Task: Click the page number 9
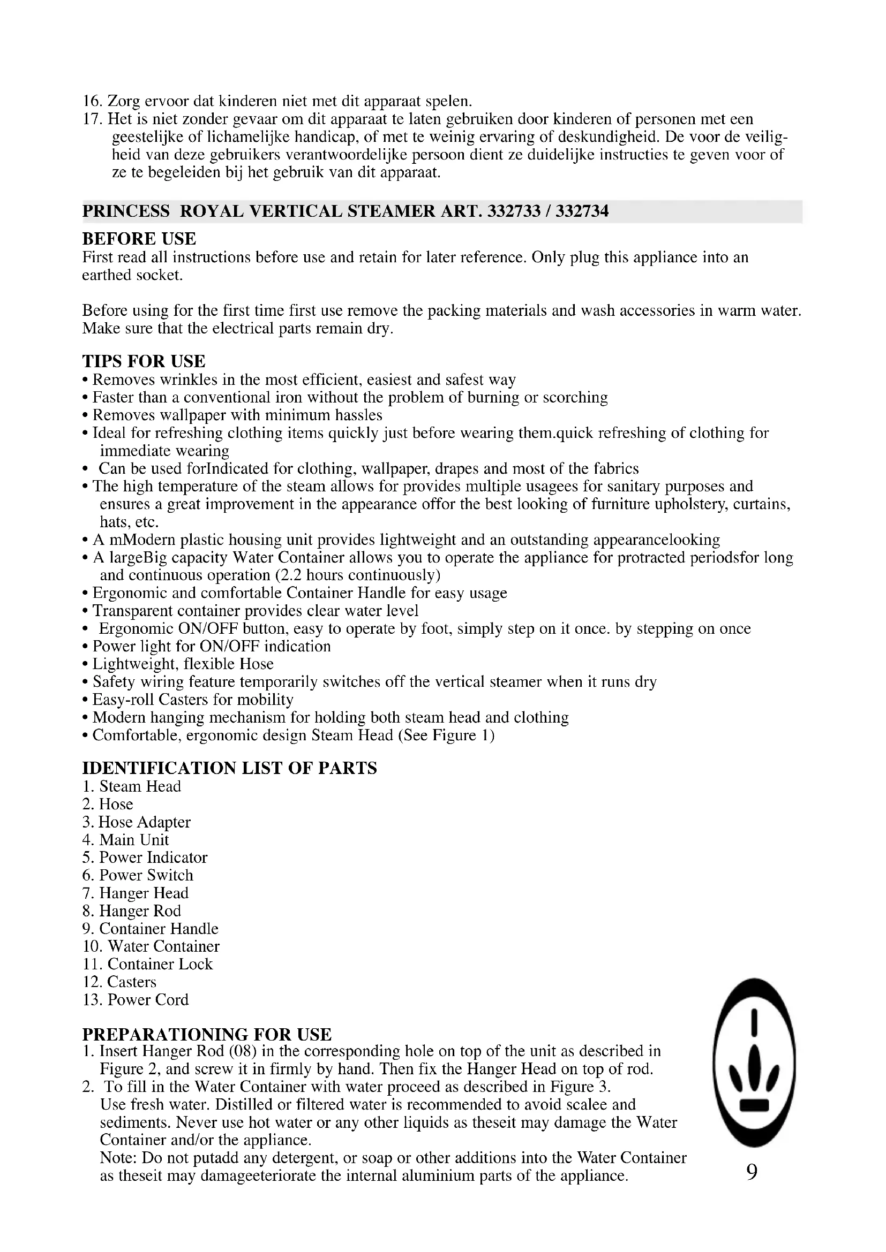(x=752, y=1171)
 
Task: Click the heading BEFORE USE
(x=139, y=239)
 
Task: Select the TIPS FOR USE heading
(x=144, y=361)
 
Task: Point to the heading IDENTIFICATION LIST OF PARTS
(x=229, y=768)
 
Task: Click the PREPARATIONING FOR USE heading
(x=207, y=1035)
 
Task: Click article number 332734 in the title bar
(x=582, y=211)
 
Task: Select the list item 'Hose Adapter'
(x=144, y=822)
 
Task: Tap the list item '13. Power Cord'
(x=136, y=999)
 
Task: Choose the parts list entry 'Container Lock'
(x=160, y=964)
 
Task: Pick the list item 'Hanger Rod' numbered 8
(x=140, y=910)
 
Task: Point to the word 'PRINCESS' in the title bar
(x=126, y=211)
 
